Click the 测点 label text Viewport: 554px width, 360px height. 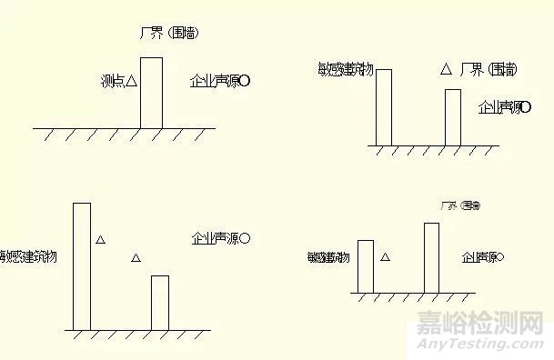[111, 82]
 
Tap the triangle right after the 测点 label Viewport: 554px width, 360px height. [131, 82]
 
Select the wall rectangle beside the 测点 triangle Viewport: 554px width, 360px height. [152, 93]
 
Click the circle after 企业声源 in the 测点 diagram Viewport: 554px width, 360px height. [246, 82]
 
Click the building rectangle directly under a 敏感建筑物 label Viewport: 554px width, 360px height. [384, 106]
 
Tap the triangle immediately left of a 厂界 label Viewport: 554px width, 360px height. [446, 68]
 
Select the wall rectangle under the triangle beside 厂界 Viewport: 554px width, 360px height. [453, 117]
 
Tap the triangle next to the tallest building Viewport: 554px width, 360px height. [101, 240]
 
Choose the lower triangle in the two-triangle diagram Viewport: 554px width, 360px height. [136, 259]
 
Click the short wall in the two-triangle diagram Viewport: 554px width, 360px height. [159, 302]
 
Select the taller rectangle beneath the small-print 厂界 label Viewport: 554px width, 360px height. [431, 258]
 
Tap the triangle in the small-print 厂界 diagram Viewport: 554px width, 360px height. [385, 258]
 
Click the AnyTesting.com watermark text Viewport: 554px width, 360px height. [483, 345]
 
